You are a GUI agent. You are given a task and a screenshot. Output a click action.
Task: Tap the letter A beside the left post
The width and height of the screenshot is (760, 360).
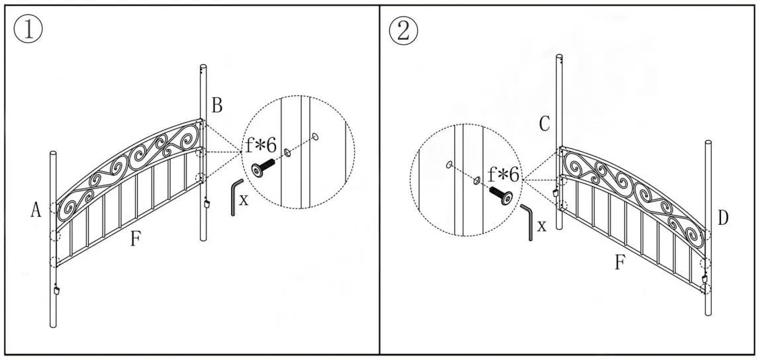36,210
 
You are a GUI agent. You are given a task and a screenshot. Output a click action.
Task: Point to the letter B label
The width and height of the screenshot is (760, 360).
217,105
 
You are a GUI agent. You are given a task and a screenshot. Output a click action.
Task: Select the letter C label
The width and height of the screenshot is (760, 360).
545,124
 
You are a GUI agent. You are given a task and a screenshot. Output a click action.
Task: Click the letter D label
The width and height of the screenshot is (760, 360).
722,218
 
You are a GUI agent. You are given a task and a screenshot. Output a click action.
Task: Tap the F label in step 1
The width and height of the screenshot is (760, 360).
135,239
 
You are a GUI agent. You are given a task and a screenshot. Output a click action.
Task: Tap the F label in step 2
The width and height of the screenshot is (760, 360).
620,263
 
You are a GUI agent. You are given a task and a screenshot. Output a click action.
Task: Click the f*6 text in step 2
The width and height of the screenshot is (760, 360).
504,175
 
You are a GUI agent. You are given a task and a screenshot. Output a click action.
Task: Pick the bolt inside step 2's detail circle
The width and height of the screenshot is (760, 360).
500,195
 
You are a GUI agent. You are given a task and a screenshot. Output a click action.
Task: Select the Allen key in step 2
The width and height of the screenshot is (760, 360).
527,222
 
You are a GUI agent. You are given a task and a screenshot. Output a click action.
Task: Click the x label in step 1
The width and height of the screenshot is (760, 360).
244,200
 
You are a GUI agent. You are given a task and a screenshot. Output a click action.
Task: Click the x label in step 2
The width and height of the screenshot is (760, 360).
542,226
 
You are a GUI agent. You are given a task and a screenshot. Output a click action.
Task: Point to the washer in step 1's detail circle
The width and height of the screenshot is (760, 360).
288,153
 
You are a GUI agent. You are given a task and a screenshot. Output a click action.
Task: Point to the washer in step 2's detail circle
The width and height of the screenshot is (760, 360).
476,179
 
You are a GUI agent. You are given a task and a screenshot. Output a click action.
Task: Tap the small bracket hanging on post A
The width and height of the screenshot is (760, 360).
57,291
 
